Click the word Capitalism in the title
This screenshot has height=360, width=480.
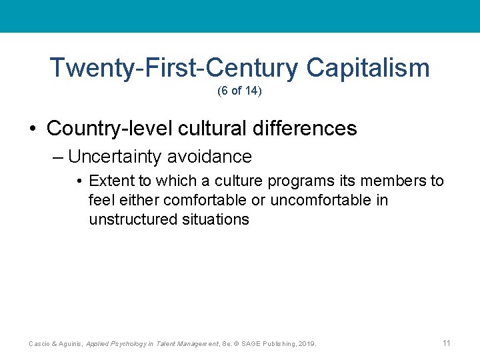coord(368,68)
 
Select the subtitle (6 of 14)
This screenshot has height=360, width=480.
coord(239,91)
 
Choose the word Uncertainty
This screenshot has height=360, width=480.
coord(115,157)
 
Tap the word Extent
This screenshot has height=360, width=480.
coord(110,181)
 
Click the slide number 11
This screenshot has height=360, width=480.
coord(446,343)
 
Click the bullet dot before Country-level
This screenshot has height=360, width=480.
coord(33,129)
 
